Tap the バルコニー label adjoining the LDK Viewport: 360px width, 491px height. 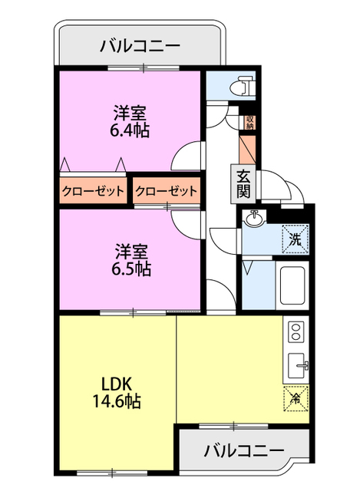[244, 450]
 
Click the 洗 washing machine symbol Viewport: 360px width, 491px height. [296, 238]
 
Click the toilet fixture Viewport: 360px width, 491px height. [245, 84]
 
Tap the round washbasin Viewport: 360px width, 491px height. [255, 221]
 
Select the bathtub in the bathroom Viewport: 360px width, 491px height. [293, 285]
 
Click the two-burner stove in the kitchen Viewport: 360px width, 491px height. [296, 332]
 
